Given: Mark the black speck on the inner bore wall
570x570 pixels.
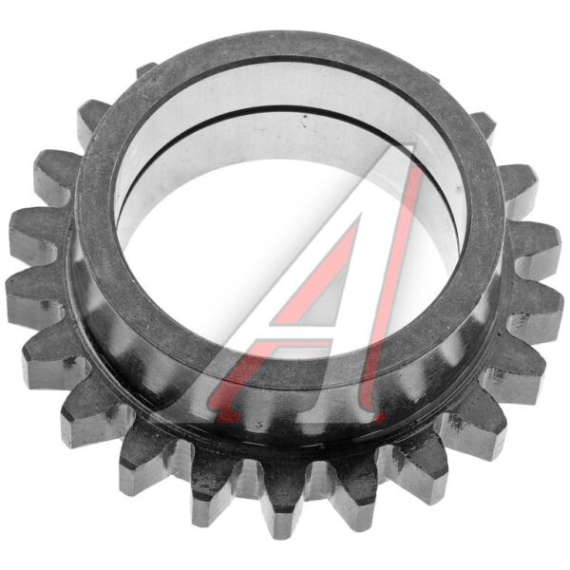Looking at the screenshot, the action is coord(305,117).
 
